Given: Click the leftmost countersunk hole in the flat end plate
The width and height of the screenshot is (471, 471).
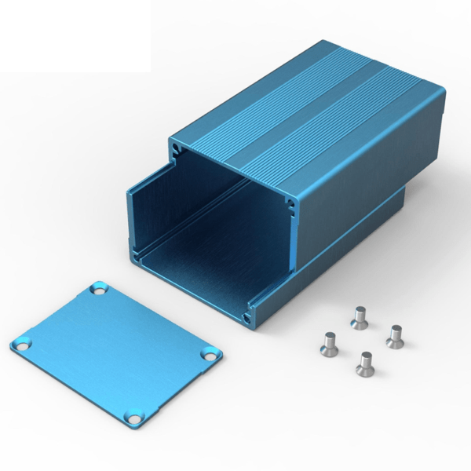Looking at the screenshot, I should pos(20,344).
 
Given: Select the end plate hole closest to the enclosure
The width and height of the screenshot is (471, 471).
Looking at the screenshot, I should pos(99,290).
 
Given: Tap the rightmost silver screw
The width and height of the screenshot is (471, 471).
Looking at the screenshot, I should pos(394,335).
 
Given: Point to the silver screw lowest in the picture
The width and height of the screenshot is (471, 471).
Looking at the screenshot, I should pos(364,363).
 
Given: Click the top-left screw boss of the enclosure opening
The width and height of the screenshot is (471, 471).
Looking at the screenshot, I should pos(175,146).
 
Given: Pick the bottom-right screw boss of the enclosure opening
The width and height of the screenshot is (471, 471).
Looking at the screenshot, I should pos(250,316).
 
